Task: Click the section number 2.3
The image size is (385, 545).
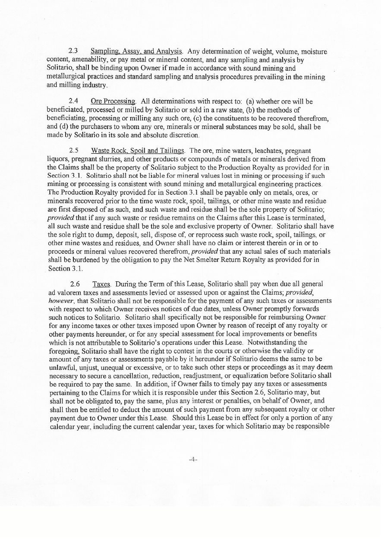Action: [x=73, y=52]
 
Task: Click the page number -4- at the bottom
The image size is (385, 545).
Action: [x=193, y=459]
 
